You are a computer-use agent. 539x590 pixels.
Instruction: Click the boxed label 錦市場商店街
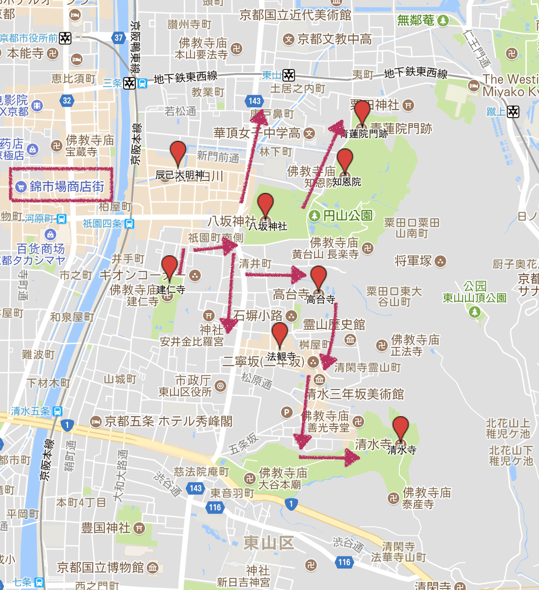point(61,185)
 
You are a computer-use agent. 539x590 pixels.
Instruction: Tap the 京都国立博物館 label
point(100,568)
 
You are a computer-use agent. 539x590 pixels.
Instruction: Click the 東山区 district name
point(269,543)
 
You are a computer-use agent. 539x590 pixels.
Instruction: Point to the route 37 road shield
point(118,38)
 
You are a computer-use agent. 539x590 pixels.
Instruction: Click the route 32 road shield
point(67,101)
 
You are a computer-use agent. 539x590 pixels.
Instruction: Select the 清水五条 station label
point(31,411)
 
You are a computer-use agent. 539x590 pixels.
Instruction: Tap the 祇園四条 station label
point(102,223)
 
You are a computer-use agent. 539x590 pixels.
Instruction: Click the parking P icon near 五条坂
point(286,412)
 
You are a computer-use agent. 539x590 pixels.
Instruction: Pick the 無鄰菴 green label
point(416,20)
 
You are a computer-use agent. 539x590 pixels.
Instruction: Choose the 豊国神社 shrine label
point(106,528)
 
